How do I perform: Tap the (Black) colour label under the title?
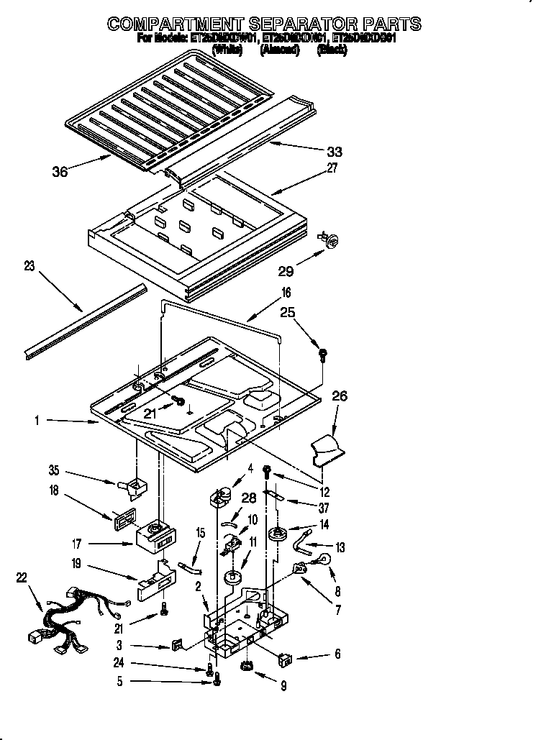pos(332,50)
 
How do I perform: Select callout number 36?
pos(60,171)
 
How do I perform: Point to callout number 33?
pos(334,152)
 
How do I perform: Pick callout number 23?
pos(29,265)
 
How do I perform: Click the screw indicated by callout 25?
pos(323,354)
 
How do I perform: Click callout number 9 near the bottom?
pos(283,687)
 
